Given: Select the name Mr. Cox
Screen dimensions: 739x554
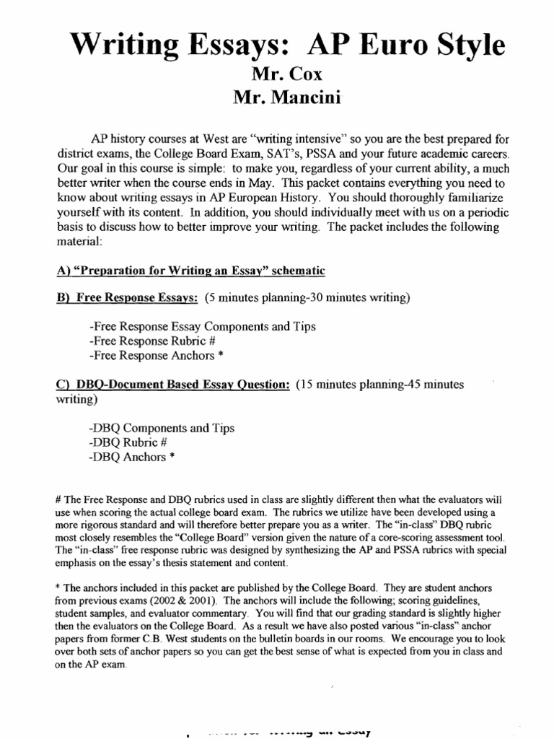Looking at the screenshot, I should (277, 74).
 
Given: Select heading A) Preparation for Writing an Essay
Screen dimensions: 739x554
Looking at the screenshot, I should (190, 271).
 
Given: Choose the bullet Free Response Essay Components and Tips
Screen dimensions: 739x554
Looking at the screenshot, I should (201, 327).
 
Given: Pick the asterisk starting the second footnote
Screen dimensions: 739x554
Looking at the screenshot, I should (57, 586).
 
